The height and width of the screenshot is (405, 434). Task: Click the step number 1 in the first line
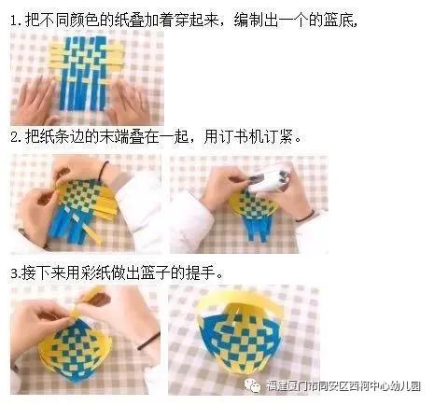pyautogui.click(x=15, y=20)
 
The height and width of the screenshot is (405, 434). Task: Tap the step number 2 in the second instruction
pyautogui.click(x=15, y=137)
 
